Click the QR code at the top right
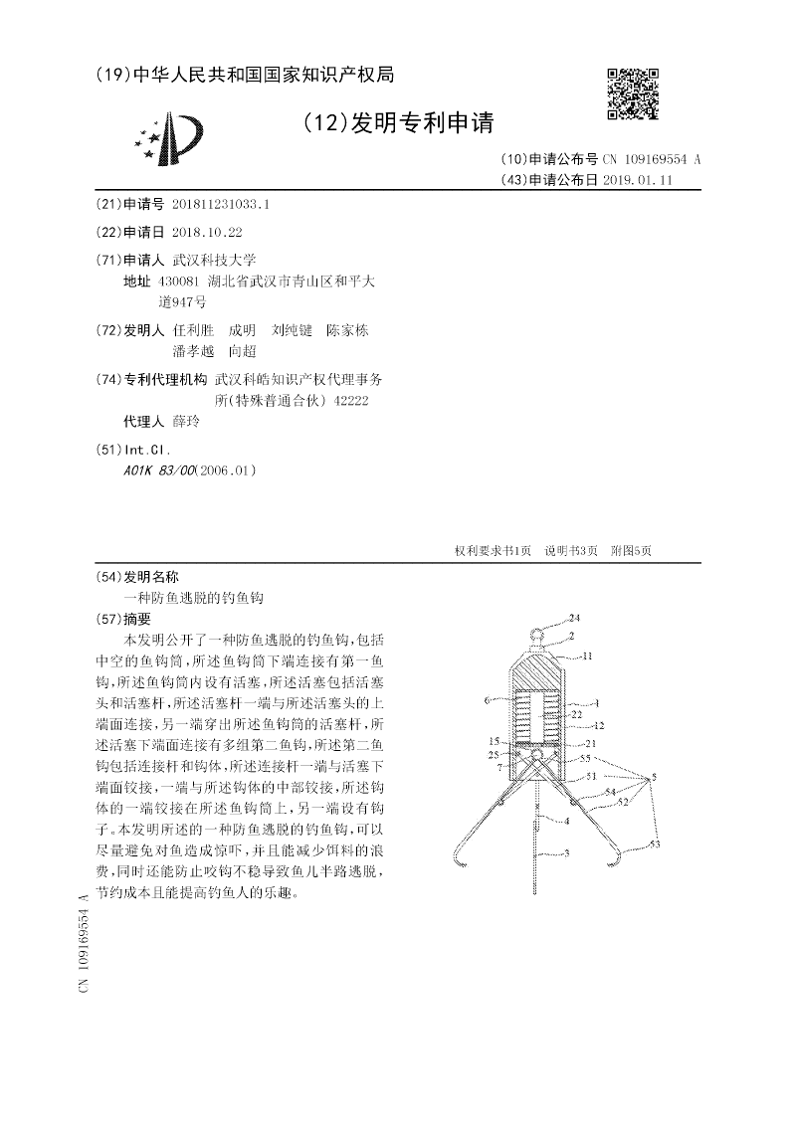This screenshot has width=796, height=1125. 633,95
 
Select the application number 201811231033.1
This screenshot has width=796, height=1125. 220,204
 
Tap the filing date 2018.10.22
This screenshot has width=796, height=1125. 207,232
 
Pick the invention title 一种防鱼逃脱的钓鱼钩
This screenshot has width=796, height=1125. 194,598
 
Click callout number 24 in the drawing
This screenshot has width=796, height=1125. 574,618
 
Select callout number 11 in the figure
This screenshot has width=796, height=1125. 587,656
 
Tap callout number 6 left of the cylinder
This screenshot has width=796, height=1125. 487,701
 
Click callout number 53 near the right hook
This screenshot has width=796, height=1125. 654,844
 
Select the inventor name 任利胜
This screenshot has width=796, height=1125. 193,330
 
